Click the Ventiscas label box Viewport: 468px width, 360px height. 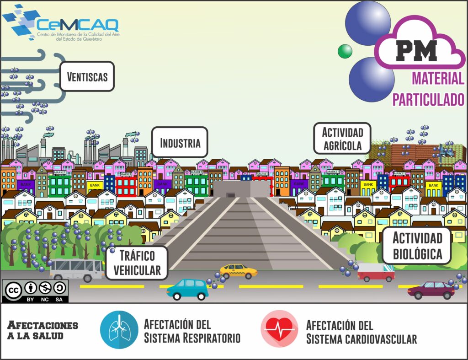click(87, 76)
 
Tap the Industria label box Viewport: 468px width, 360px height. click(180, 143)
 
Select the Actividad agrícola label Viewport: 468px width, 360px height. click(342, 139)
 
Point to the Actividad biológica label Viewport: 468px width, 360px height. click(417, 246)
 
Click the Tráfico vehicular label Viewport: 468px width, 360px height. click(137, 263)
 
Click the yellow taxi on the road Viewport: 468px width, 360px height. click(238, 270)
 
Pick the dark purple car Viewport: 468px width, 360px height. click(431, 290)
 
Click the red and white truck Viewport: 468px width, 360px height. click(376, 272)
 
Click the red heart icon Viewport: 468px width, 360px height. click(279, 329)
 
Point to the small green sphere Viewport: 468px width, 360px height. click(345, 51)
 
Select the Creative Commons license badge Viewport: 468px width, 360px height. click(36, 291)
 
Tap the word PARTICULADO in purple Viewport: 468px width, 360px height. click(428, 99)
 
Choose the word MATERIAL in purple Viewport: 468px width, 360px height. click(438, 79)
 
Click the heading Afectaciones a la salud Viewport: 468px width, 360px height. click(43, 330)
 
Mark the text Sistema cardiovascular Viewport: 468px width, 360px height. click(361, 339)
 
